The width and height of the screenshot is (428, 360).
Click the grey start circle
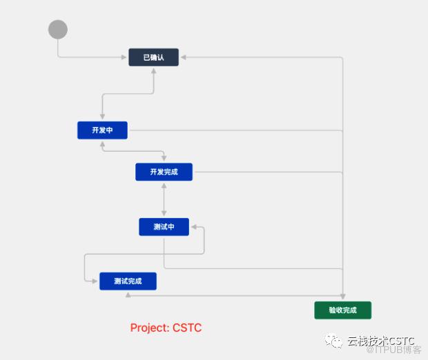pos(58,29)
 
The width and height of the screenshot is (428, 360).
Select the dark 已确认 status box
pos(154,57)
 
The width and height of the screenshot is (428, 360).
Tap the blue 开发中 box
pos(102,130)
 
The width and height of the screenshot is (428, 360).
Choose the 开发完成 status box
pos(164,172)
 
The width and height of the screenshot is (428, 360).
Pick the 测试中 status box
pos(164,227)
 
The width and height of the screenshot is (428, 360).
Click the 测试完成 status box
pos(128,281)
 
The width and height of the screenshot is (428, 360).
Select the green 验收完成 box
pos(343,310)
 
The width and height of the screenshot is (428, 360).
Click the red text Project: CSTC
pos(166,328)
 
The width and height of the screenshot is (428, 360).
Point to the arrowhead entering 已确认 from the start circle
pos(124,57)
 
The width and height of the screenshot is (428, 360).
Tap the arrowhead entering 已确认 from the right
pos(184,57)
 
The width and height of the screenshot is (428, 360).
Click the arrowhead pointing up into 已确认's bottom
pos(154,71)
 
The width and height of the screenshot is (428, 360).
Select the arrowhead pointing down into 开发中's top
pos(102,117)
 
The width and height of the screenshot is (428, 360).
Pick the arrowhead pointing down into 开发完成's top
pos(164,158)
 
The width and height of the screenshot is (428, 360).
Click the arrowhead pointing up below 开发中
pos(102,144)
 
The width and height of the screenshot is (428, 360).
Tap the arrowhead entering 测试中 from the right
pos(194,227)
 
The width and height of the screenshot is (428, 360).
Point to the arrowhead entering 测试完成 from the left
pos(95,281)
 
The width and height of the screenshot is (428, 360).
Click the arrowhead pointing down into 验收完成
pos(343,297)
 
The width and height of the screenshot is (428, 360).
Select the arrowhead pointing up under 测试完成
pos(128,294)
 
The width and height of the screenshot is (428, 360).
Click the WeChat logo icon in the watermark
pos(333,341)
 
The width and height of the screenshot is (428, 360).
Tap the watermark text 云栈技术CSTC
pos(381,341)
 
